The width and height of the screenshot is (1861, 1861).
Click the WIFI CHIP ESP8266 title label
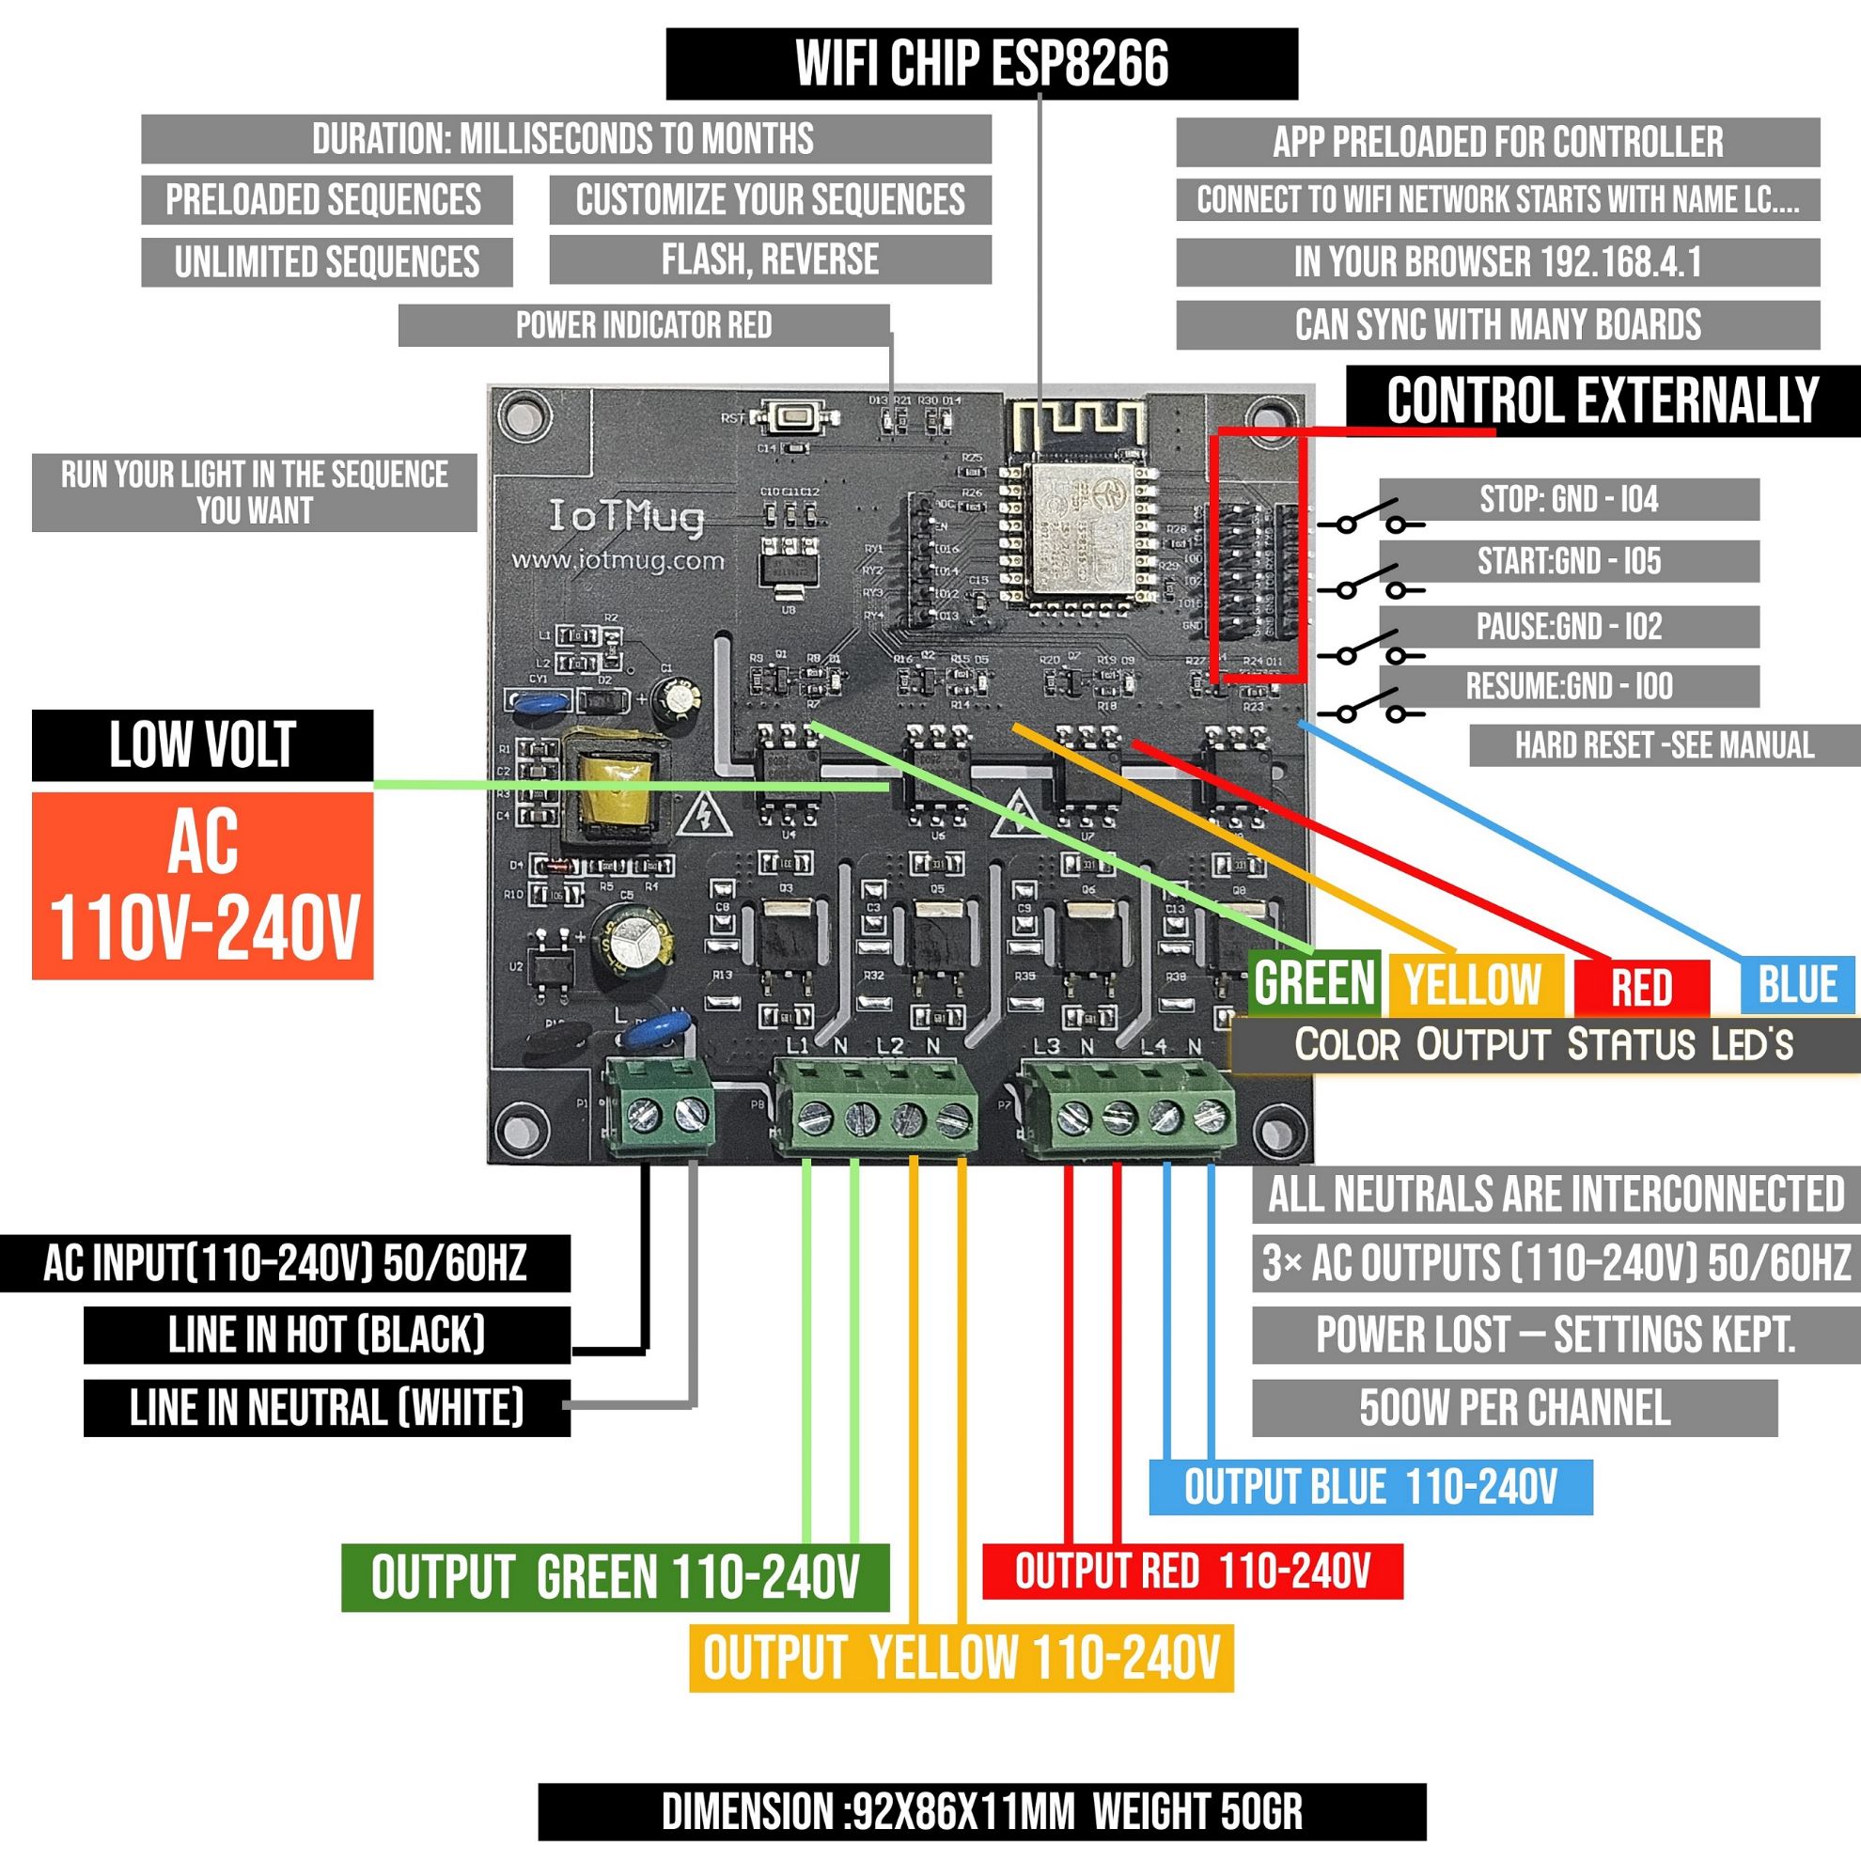point(981,64)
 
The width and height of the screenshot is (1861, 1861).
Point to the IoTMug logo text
point(626,518)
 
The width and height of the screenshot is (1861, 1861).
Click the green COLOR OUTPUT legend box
point(1314,982)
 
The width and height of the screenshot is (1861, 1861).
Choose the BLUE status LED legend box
point(1796,985)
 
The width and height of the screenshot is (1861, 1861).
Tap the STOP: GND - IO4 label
point(1568,499)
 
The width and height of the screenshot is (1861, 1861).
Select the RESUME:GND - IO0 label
point(1568,687)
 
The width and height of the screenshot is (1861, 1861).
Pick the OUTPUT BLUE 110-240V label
point(1369,1487)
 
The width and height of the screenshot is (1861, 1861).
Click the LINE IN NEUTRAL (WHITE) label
point(326,1408)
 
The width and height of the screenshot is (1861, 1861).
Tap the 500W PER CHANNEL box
point(1513,1408)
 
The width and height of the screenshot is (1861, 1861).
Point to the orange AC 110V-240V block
point(202,886)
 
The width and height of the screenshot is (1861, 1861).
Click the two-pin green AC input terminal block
point(660,1108)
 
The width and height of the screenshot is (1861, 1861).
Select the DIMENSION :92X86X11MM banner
point(981,1812)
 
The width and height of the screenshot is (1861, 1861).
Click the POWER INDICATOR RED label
point(644,325)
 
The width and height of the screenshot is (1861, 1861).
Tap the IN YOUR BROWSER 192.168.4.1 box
point(1497,262)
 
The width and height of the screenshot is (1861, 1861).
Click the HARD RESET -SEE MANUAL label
point(1664,745)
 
